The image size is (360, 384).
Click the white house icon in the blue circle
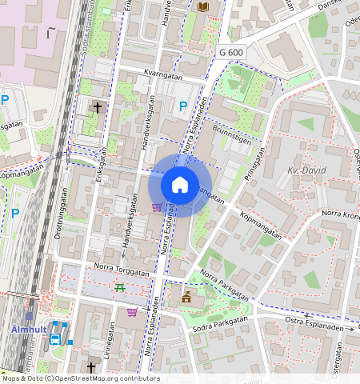point(180,185)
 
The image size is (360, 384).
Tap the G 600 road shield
point(230,52)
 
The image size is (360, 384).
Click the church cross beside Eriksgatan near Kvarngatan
point(98,106)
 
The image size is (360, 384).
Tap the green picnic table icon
point(119,287)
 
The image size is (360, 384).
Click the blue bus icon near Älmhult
point(55,339)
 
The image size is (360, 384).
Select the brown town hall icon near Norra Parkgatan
point(186,298)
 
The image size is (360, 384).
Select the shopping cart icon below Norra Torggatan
point(132,312)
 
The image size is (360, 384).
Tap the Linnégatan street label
point(106,349)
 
